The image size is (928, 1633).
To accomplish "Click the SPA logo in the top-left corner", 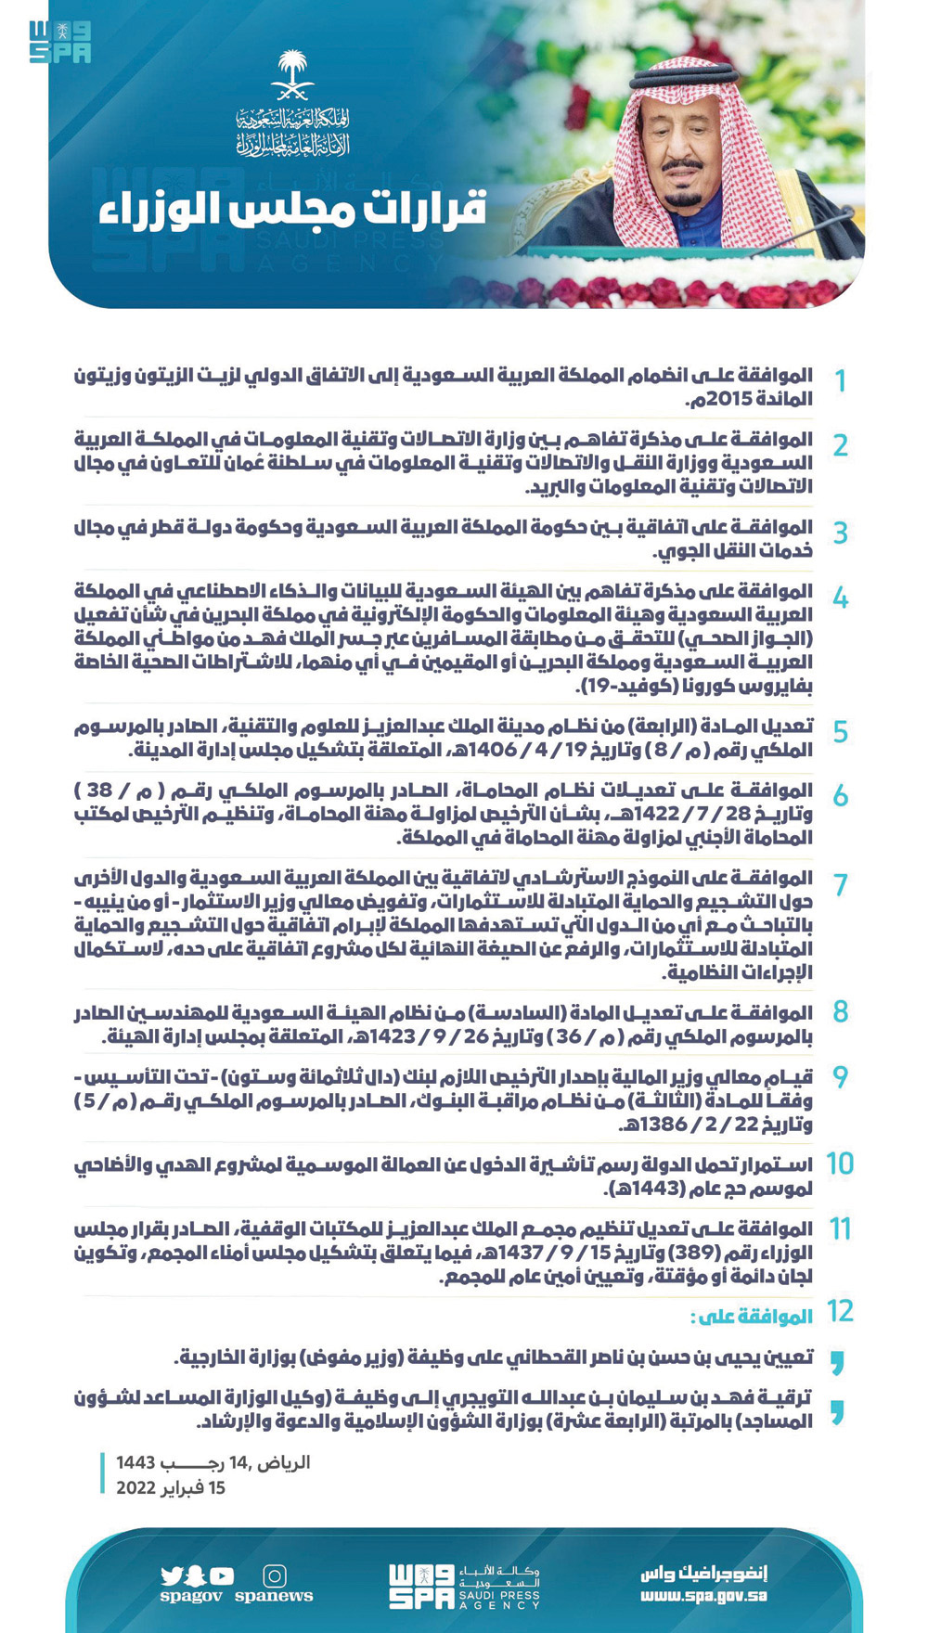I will tap(59, 42).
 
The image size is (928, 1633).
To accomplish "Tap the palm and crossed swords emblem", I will tap(292, 75).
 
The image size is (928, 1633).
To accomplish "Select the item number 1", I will tap(840, 380).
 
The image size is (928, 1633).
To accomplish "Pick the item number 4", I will tap(840, 598).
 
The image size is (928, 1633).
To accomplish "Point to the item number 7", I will tap(840, 884).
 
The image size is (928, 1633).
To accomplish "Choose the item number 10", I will tap(839, 1164).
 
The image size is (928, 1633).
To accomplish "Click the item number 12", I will tap(840, 1311).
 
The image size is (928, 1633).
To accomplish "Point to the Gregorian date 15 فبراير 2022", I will tap(171, 1488).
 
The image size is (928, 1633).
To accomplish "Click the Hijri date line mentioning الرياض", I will tap(213, 1463).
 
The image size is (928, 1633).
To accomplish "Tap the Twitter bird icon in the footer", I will tap(172, 1575).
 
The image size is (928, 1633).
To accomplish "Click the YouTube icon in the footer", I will tap(222, 1575).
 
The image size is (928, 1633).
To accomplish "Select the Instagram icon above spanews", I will tap(275, 1575).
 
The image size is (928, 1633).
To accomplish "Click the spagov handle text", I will tap(191, 1597).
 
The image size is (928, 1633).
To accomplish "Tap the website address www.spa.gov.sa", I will tap(703, 1597).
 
